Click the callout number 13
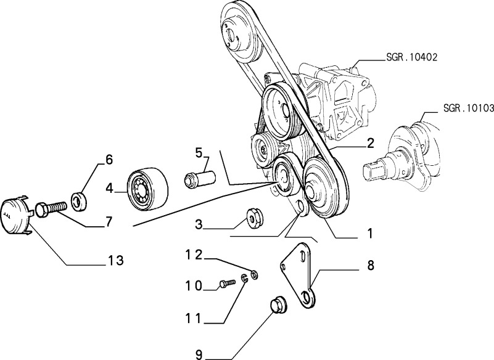coord(115,260)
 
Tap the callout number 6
coord(109,160)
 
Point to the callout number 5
coord(199,151)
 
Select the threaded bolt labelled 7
coord(49,208)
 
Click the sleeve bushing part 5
coord(199,179)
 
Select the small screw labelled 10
coord(226,284)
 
